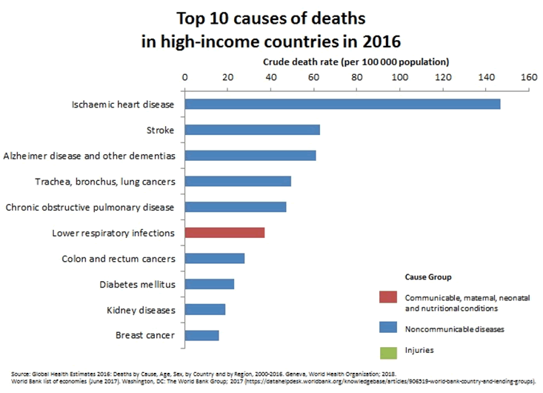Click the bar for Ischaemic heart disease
click(x=342, y=104)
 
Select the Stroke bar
click(x=252, y=130)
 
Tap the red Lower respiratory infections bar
click(x=224, y=233)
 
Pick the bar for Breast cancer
click(x=201, y=335)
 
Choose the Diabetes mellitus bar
click(x=209, y=284)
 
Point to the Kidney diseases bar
click(x=204, y=309)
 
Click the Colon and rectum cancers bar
click(x=214, y=258)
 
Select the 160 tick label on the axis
click(x=528, y=76)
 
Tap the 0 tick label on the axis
click(x=184, y=76)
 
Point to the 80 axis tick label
click(x=356, y=76)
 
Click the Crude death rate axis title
click(x=356, y=62)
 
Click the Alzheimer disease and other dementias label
click(x=89, y=156)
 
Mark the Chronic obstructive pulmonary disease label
click(x=90, y=207)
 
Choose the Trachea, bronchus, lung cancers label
click(x=105, y=182)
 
